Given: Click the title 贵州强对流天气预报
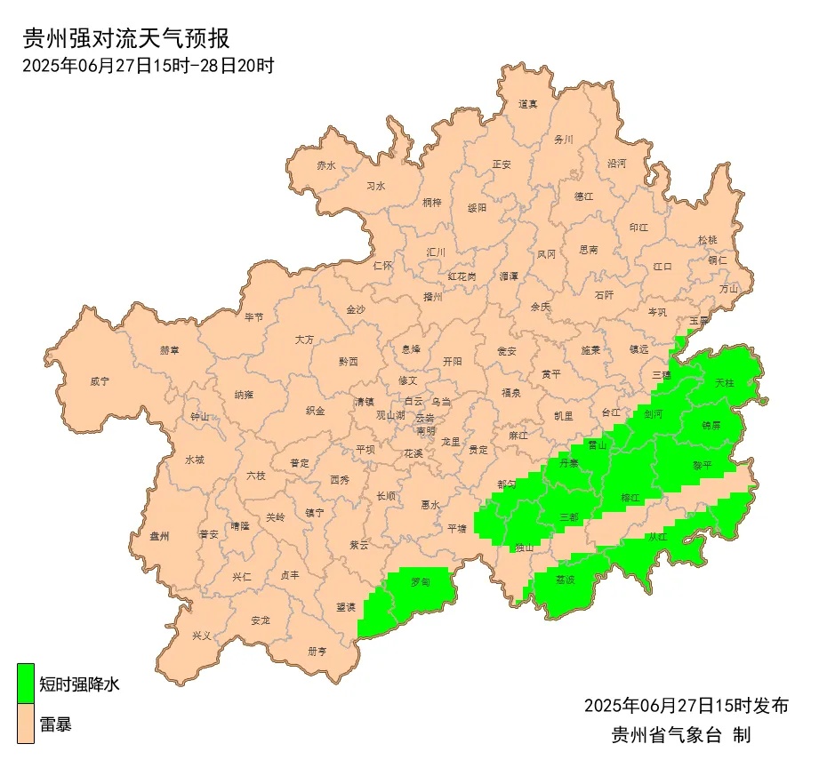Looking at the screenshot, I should click(125, 39).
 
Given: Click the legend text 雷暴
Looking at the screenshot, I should click(55, 725).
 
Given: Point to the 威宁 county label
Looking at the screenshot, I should click(100, 381).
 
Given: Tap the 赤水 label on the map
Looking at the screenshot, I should click(326, 165).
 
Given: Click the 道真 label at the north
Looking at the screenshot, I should click(528, 104).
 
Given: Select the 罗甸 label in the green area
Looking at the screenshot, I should click(421, 582).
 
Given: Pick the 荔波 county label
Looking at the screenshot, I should click(566, 580).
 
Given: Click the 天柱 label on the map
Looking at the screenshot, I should click(725, 383).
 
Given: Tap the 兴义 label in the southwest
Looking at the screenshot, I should click(202, 636).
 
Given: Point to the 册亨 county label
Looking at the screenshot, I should click(317, 651).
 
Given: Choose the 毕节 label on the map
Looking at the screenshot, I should click(253, 317).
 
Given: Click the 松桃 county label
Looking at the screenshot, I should click(707, 240).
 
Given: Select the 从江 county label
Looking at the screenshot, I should click(657, 537).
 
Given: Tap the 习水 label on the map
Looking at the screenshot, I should click(376, 187).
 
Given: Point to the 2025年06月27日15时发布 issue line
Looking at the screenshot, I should click(686, 706).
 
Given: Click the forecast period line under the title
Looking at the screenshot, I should click(148, 66).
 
